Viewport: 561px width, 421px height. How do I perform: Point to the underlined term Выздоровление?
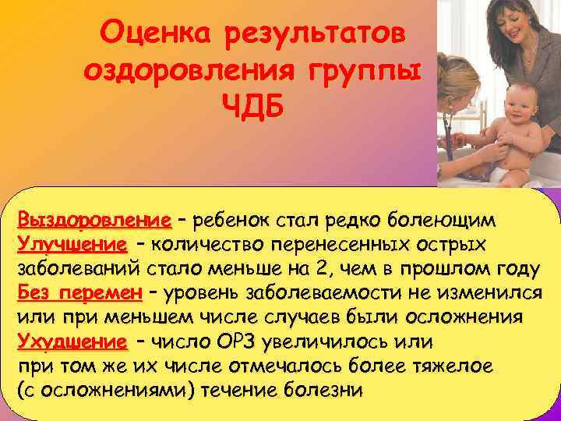[x=94, y=218]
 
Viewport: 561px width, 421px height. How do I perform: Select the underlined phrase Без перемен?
[x=79, y=294]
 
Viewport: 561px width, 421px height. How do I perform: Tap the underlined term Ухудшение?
[x=72, y=342]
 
